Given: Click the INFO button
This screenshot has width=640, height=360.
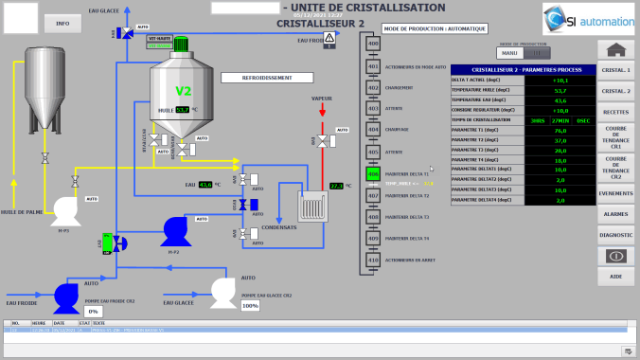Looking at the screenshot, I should pos(62,21).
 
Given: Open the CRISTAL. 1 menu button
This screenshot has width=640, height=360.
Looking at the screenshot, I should pos(616,70).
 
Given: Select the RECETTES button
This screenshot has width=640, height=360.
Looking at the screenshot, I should pos(616,112).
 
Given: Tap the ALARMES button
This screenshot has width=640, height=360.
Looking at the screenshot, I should pos(616,214).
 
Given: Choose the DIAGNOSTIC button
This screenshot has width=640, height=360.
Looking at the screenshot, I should pos(616,234).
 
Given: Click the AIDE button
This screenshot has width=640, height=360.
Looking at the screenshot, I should pos(616,276).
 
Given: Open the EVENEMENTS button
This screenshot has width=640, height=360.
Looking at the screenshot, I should pos(616,193).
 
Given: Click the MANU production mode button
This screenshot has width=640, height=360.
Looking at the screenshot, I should pos(509,53).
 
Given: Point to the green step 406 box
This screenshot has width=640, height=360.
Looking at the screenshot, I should pos(372,174).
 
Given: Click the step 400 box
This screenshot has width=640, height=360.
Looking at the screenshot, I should pos(372,44).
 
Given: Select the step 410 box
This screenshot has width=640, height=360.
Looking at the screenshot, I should pos(372,260).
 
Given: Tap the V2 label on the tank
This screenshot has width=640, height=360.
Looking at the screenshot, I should pos(184,91).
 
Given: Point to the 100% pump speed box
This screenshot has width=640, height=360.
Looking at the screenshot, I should pos(250,306).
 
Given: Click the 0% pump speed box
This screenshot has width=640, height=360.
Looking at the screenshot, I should pos(93,311).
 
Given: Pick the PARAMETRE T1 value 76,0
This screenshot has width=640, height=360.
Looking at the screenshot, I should pos(560,130).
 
